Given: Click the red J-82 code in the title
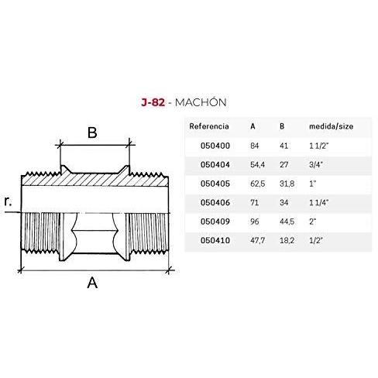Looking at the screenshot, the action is click(153, 102).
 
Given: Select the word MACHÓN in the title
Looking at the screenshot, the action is click(201, 102).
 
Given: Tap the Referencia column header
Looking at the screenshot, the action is click(209, 126).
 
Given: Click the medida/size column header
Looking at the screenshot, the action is click(331, 126).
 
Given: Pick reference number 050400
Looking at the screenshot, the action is click(215, 146).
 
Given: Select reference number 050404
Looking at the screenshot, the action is click(215, 164).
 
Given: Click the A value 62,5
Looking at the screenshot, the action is click(257, 184).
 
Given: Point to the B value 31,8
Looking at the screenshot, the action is click(287, 184).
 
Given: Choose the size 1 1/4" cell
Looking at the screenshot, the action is click(319, 202).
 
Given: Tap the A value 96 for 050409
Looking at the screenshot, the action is click(254, 222).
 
